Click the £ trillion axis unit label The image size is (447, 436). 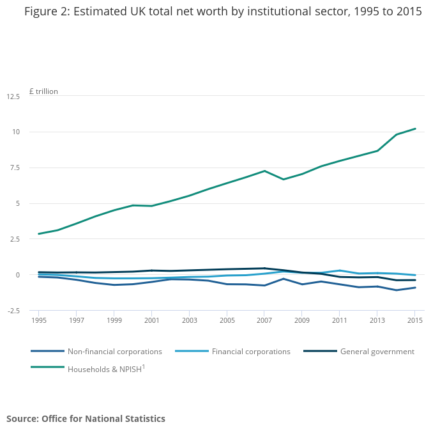pos(43,91)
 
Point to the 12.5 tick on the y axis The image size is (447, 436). pos(13,97)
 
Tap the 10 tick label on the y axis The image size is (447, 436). pos(15,132)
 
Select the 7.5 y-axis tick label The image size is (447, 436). pos(14,168)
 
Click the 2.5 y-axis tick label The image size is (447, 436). pos(14,239)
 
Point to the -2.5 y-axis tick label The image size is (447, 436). pos(13,311)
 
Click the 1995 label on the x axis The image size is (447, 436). pos(39,320)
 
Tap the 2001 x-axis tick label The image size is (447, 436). pos(152,320)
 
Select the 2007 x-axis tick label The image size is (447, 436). pos(264,320)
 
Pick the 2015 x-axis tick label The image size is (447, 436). pos(415,320)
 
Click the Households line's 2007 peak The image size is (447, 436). pos(264,171)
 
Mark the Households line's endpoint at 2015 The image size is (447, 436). pos(415,128)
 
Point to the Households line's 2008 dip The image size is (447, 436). pos(284,179)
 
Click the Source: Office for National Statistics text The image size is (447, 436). pos(86,419)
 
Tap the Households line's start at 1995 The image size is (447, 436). pos(39,234)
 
